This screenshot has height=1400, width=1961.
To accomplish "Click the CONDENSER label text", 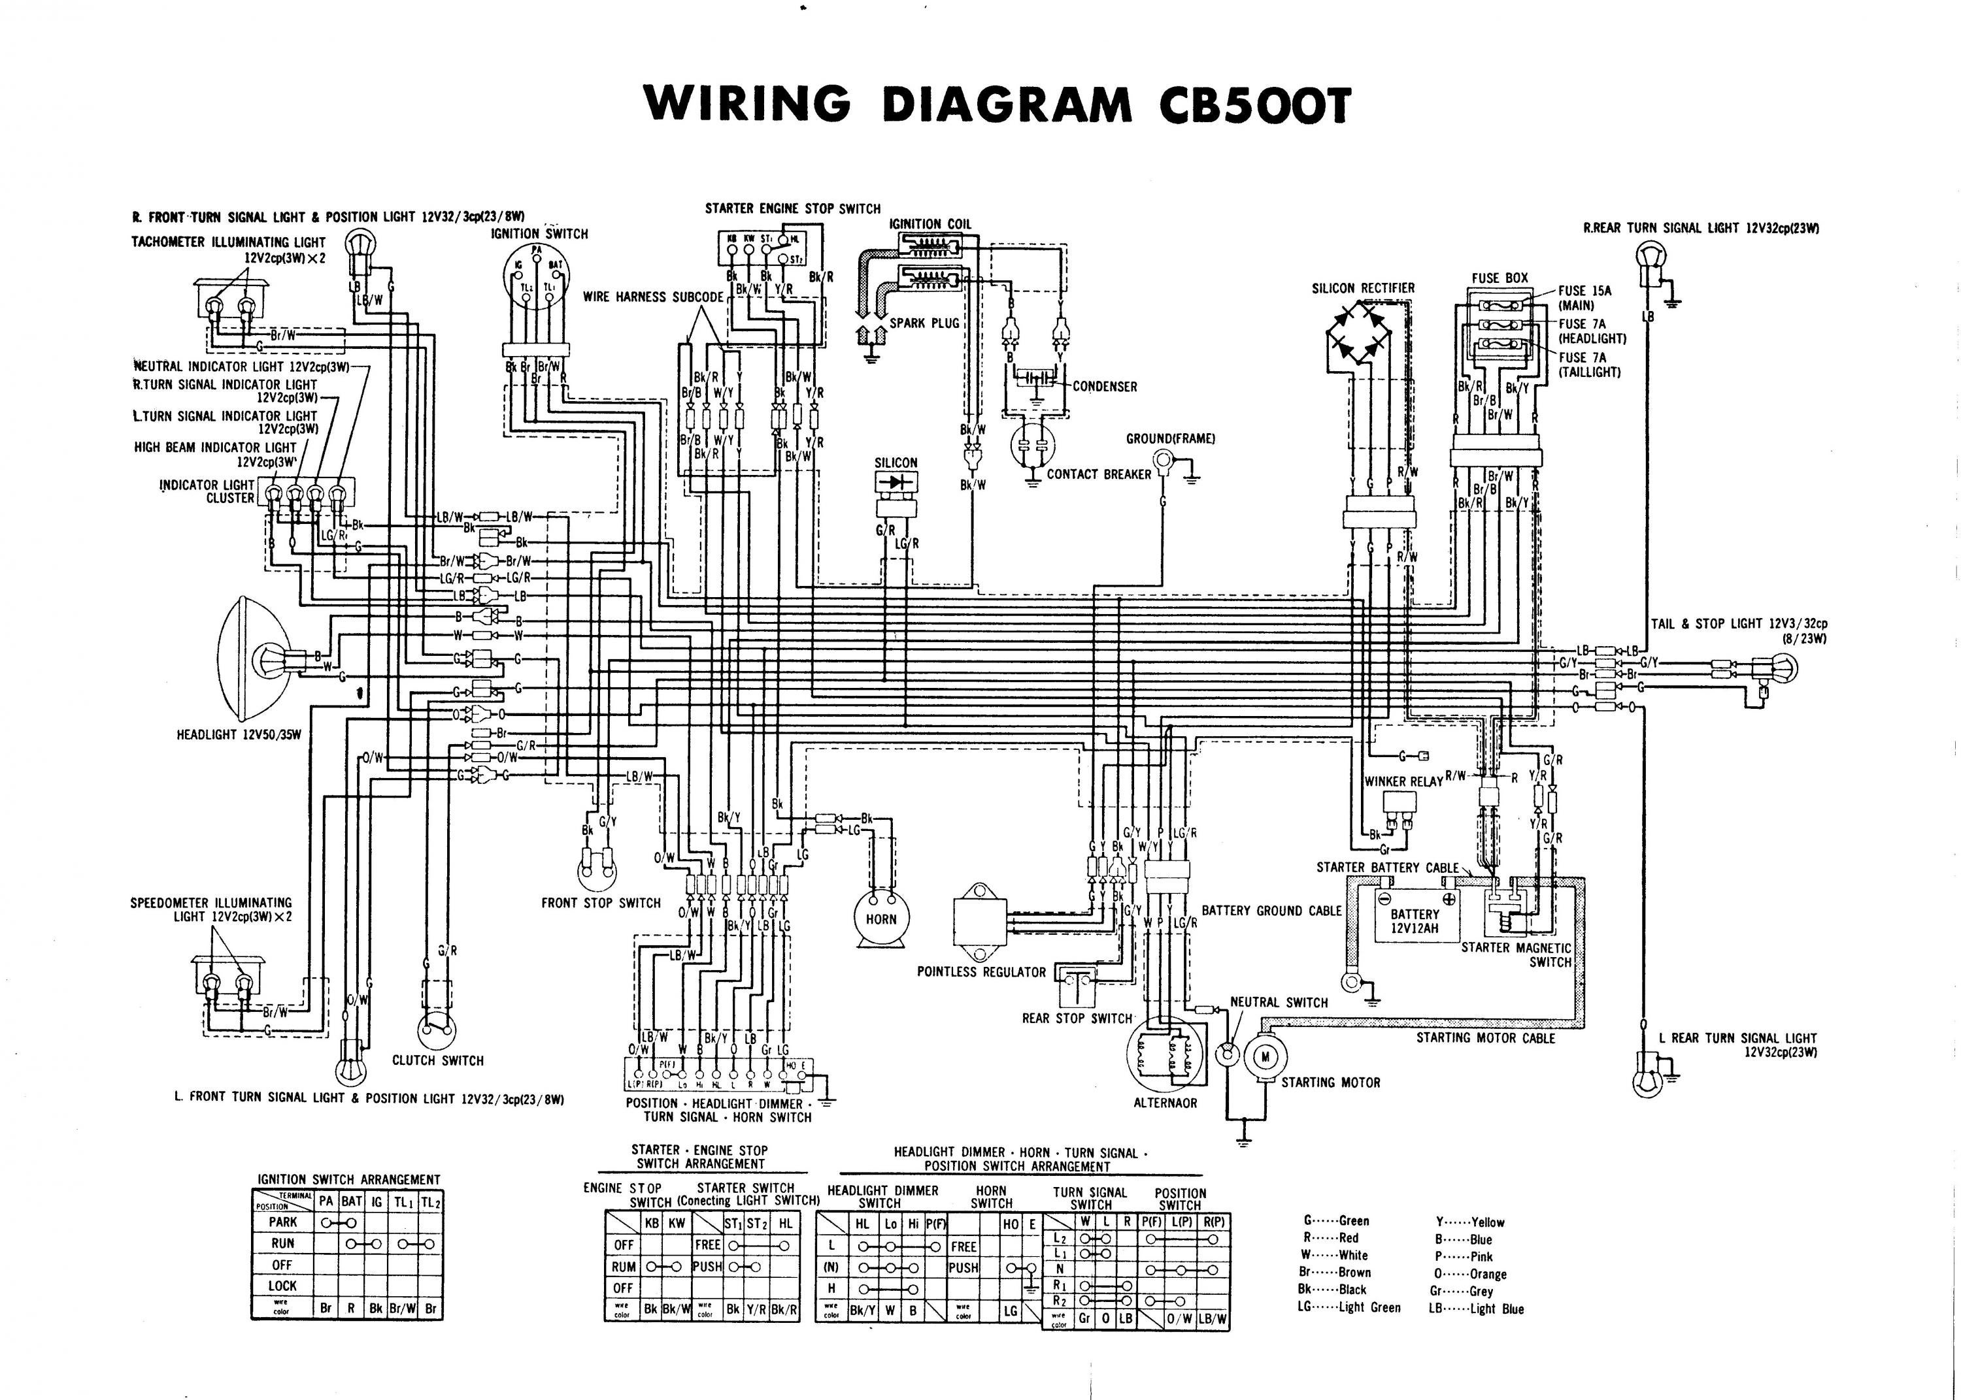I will [1105, 387].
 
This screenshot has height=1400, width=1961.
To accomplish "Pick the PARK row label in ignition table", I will [283, 1222].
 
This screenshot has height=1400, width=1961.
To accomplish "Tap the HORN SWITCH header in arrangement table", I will [991, 1197].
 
